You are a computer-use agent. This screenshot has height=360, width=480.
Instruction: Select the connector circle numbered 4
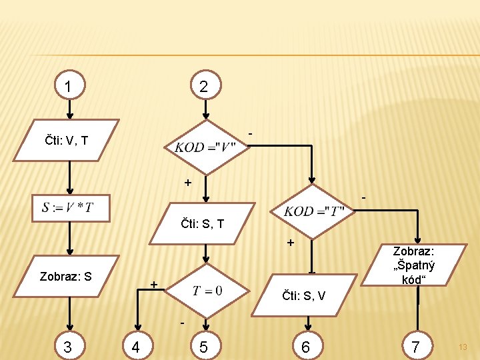[x=136, y=346]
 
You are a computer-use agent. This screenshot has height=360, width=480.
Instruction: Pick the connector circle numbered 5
[x=203, y=346]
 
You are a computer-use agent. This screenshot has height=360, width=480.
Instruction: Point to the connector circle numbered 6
[x=305, y=346]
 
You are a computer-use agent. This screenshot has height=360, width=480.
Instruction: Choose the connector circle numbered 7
[x=416, y=346]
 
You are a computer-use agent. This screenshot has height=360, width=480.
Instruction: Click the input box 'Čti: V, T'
[x=67, y=140]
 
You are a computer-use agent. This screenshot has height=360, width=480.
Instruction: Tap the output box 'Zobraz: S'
[x=66, y=275]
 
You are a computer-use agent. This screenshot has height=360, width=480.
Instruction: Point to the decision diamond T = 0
[x=207, y=291]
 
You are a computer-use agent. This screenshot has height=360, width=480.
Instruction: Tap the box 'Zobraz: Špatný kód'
[x=413, y=266]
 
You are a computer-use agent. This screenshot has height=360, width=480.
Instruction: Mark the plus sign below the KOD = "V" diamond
[x=188, y=182]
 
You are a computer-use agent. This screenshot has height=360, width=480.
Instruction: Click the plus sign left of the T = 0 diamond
[x=153, y=285]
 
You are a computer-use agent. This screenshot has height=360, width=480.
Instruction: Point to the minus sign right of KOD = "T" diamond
[x=363, y=199]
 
